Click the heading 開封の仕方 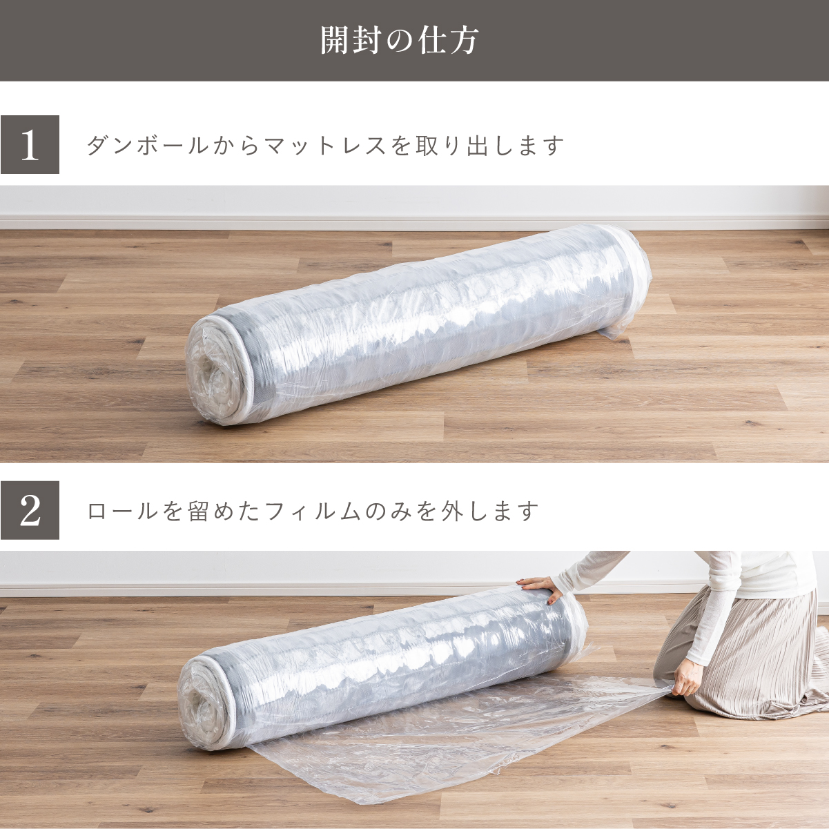click(x=399, y=41)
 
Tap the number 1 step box click(x=30, y=144)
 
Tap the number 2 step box click(x=30, y=510)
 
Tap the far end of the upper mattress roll click(x=632, y=284)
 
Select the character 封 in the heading click(x=367, y=41)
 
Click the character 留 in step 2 click(x=199, y=511)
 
